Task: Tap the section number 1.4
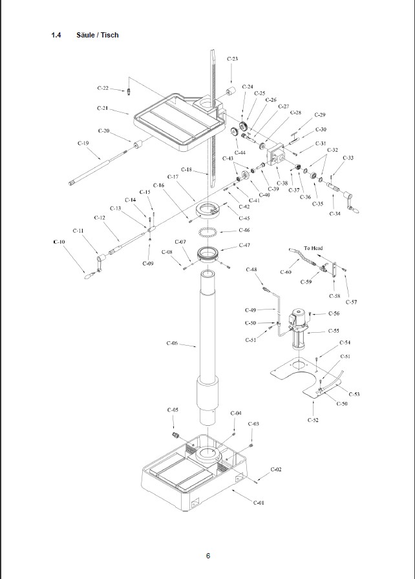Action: point(56,35)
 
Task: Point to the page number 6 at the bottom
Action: point(207,556)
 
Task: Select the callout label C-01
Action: point(259,502)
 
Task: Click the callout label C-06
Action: point(172,343)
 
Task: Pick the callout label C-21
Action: point(103,108)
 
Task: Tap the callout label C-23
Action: point(232,59)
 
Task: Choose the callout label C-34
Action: point(335,213)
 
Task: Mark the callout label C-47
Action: point(244,245)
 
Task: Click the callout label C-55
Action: point(334,331)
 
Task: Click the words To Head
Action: point(312,248)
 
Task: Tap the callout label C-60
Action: point(285,272)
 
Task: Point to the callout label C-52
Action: point(312,420)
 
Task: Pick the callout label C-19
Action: point(83,143)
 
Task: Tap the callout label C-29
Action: point(319,114)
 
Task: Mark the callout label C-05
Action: point(173,410)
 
